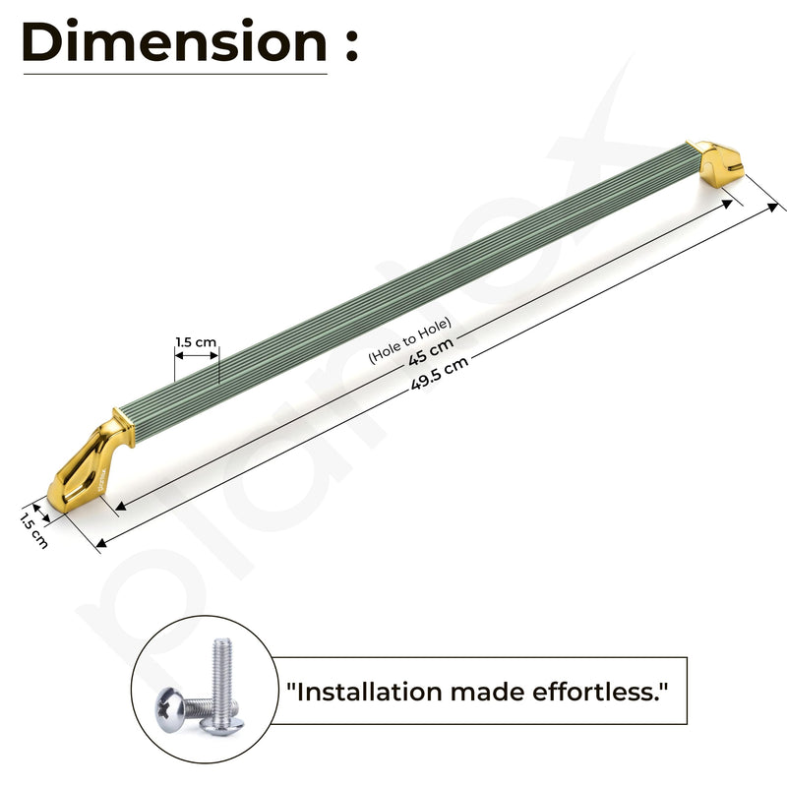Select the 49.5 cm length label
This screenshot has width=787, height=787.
pos(440,373)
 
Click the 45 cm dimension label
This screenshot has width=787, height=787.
pos(431,352)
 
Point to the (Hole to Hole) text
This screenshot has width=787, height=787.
pos(410,339)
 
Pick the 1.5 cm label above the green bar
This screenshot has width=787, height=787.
pos(196,342)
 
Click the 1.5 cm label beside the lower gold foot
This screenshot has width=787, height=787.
pos(33,530)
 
